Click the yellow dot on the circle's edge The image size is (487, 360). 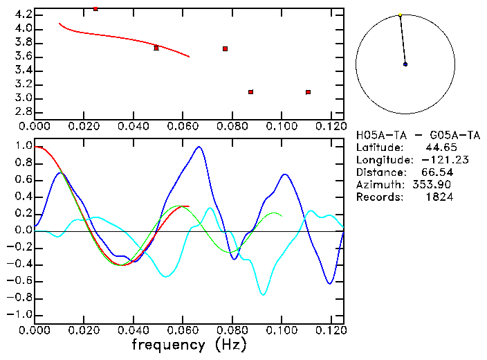(400, 15)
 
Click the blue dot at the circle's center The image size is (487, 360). (405, 64)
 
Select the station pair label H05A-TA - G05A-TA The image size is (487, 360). (404, 134)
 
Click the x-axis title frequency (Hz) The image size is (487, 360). (187, 343)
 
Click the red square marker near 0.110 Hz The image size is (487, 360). (308, 92)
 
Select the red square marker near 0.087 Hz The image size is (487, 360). (250, 92)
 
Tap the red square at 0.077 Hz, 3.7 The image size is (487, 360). (226, 48)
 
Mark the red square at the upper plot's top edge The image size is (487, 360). (95, 9)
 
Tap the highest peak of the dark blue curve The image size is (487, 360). (199, 147)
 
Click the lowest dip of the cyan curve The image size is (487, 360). (264, 295)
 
